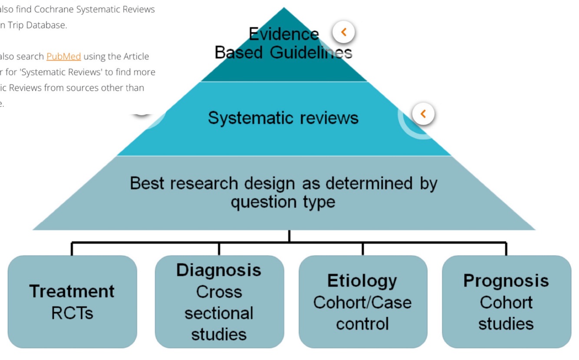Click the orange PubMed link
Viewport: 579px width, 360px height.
tap(63, 56)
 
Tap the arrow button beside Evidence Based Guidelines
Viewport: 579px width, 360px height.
tap(343, 32)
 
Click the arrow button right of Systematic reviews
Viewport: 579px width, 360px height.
tap(423, 114)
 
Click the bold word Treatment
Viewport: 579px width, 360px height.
tap(72, 291)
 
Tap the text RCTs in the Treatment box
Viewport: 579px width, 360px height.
tap(72, 313)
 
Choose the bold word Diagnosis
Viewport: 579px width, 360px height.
tap(219, 270)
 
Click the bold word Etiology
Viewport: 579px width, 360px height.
tap(362, 281)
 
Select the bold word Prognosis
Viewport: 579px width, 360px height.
tap(506, 281)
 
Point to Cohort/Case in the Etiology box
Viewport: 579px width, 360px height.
tap(362, 302)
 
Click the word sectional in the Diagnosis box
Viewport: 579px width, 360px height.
tap(219, 313)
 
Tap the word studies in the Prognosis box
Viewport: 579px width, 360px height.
tap(506, 324)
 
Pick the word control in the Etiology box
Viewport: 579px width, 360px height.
tap(362, 324)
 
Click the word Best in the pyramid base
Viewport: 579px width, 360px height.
tap(147, 183)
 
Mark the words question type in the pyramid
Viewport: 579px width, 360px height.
tap(283, 202)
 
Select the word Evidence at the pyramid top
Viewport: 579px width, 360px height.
tap(284, 34)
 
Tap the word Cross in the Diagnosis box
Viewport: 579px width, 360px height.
tap(219, 292)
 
